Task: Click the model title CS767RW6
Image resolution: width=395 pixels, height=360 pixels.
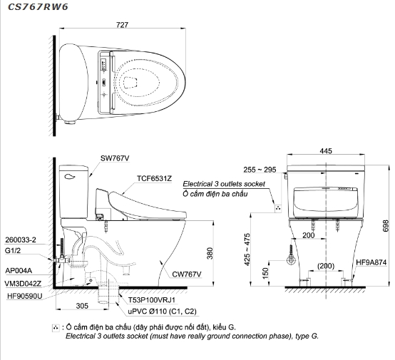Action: point(38,7)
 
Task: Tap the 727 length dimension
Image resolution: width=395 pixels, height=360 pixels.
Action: point(122,25)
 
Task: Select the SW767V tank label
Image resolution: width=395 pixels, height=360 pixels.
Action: point(115,158)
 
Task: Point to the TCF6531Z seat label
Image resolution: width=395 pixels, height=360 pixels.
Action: point(154,178)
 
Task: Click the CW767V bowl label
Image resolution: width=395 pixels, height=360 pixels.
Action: point(187,274)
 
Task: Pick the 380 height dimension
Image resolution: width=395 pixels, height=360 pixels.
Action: point(210,254)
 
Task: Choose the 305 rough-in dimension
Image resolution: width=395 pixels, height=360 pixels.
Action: point(82,306)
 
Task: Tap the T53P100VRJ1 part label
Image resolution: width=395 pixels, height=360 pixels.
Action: point(151,300)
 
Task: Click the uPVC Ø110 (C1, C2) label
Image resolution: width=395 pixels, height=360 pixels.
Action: point(162,312)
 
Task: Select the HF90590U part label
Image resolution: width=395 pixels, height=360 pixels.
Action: point(25,296)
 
